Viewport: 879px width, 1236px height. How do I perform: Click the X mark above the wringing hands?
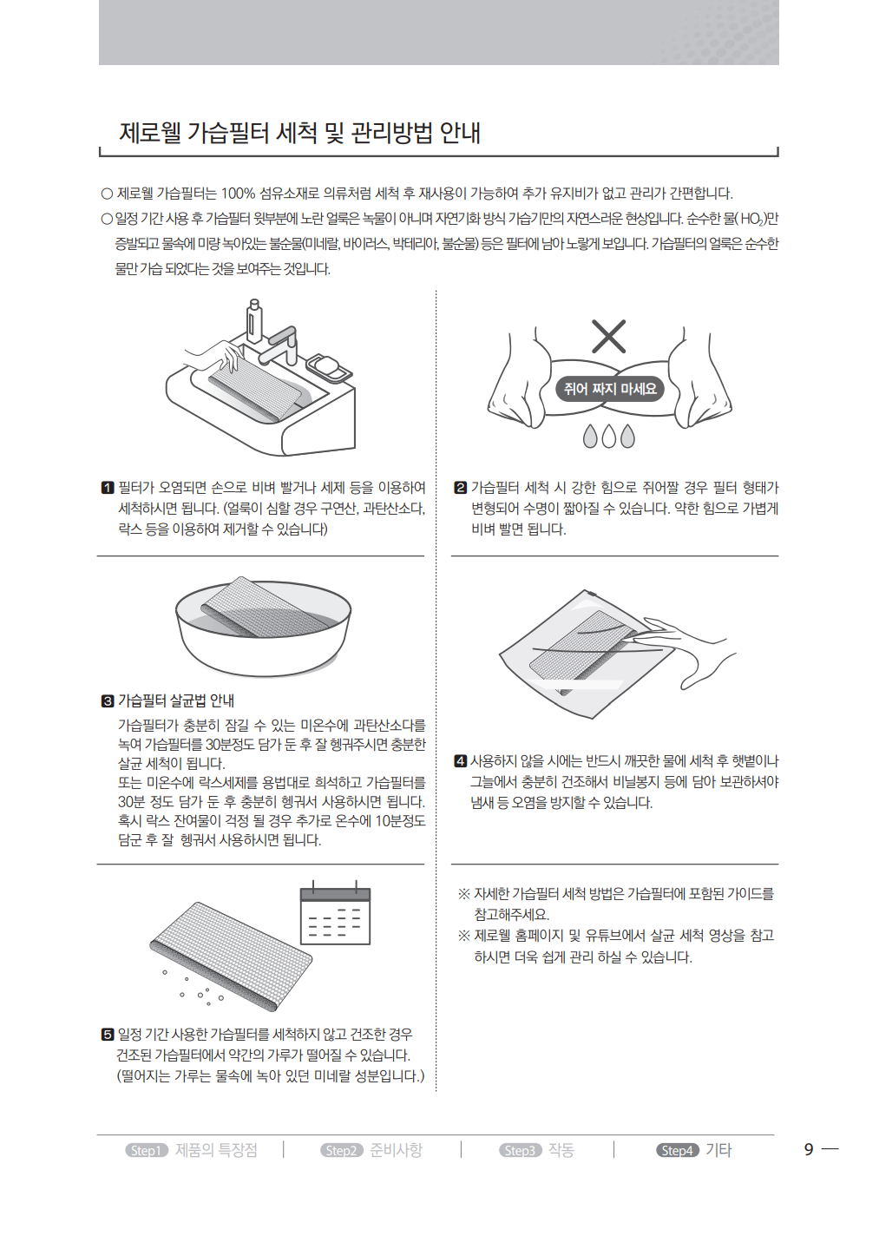click(608, 336)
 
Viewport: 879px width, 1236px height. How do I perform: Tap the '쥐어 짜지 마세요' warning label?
click(610, 389)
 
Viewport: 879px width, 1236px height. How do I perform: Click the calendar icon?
click(335, 913)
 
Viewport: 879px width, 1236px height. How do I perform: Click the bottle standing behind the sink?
click(254, 322)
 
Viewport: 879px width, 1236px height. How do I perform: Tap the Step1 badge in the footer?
click(147, 1150)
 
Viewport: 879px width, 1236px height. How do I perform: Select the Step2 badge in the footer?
click(342, 1150)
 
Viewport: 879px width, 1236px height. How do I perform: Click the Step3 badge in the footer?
click(521, 1150)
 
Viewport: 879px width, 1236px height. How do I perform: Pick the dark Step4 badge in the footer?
click(677, 1150)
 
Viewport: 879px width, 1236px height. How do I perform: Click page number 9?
click(809, 1149)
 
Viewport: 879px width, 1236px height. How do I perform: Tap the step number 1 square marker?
click(108, 488)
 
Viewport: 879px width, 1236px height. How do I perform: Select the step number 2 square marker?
click(460, 488)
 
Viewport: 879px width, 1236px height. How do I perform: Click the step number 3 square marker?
click(108, 701)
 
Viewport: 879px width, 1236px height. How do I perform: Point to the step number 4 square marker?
click(460, 761)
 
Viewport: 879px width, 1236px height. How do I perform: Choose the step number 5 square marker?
click(108, 1034)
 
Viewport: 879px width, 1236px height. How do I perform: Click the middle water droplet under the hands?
click(608, 436)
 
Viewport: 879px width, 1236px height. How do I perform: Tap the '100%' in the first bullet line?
click(238, 194)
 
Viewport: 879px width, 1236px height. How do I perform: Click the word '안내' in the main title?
click(460, 133)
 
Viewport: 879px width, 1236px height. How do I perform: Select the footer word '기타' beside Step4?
click(718, 1150)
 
